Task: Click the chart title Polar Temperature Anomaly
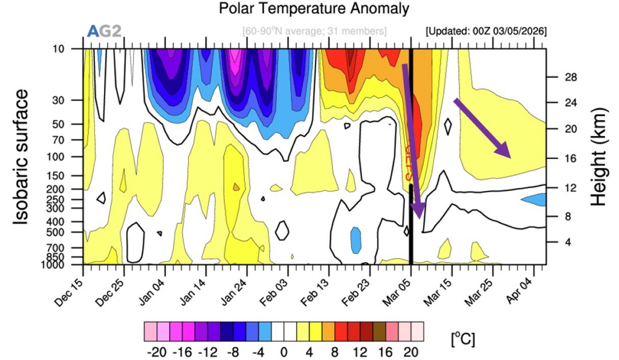[x=314, y=9]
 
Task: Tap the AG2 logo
[x=105, y=31]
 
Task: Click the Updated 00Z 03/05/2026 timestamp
[x=487, y=31]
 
